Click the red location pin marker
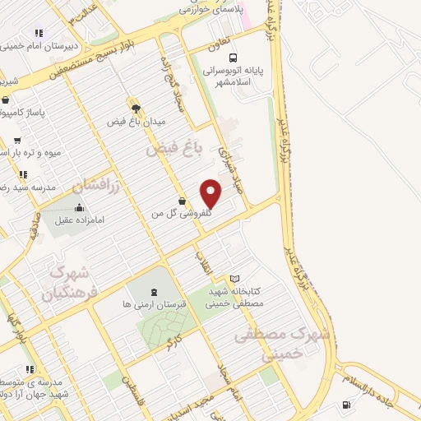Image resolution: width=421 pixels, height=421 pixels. (211, 193)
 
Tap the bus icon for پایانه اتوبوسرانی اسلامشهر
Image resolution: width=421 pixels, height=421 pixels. (234, 58)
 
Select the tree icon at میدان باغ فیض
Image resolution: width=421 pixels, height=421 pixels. (136, 108)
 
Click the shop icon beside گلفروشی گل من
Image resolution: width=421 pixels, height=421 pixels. (182, 201)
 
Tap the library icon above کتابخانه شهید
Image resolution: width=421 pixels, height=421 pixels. (235, 279)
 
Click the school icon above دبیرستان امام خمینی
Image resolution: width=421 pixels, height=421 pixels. (38, 34)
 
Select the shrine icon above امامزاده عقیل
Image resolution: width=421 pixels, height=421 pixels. (79, 208)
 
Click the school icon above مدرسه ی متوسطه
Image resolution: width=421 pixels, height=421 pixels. (30, 370)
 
